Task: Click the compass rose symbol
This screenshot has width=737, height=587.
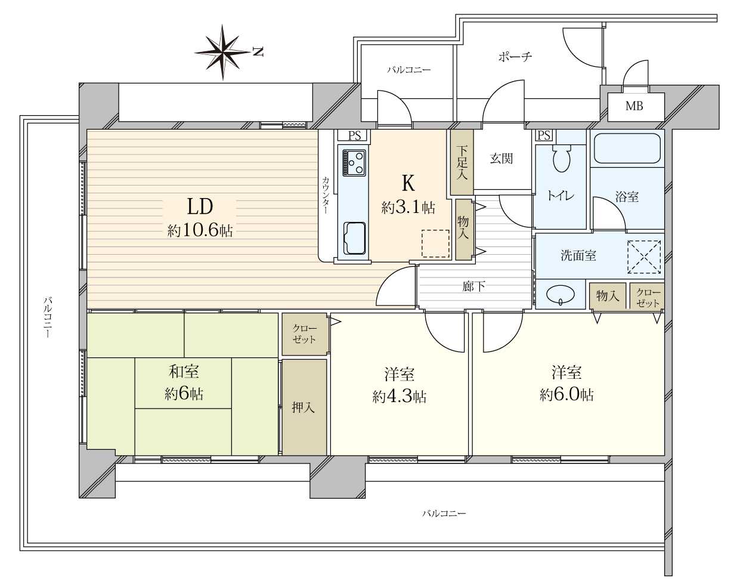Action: click(223, 52)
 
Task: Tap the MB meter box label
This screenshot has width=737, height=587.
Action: click(634, 106)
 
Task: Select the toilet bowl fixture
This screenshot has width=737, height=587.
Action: click(562, 157)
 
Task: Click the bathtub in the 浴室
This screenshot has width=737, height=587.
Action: click(627, 149)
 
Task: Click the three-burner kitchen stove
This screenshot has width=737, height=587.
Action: click(354, 162)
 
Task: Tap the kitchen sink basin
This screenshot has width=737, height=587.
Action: click(354, 239)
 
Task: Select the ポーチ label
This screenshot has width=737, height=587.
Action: click(515, 56)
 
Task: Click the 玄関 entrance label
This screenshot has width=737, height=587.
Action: click(501, 158)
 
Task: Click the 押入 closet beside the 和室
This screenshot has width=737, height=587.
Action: click(304, 407)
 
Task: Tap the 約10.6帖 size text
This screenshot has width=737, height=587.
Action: click(200, 231)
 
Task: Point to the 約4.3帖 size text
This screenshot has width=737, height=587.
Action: click(400, 397)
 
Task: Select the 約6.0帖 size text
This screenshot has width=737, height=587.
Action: click(567, 396)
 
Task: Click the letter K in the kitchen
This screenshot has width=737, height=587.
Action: click(408, 183)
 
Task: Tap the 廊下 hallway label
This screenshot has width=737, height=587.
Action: click(473, 286)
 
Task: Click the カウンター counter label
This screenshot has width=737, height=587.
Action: click(326, 195)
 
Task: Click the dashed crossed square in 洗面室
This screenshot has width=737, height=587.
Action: click(644, 257)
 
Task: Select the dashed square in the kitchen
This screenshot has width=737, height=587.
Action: click(435, 243)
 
